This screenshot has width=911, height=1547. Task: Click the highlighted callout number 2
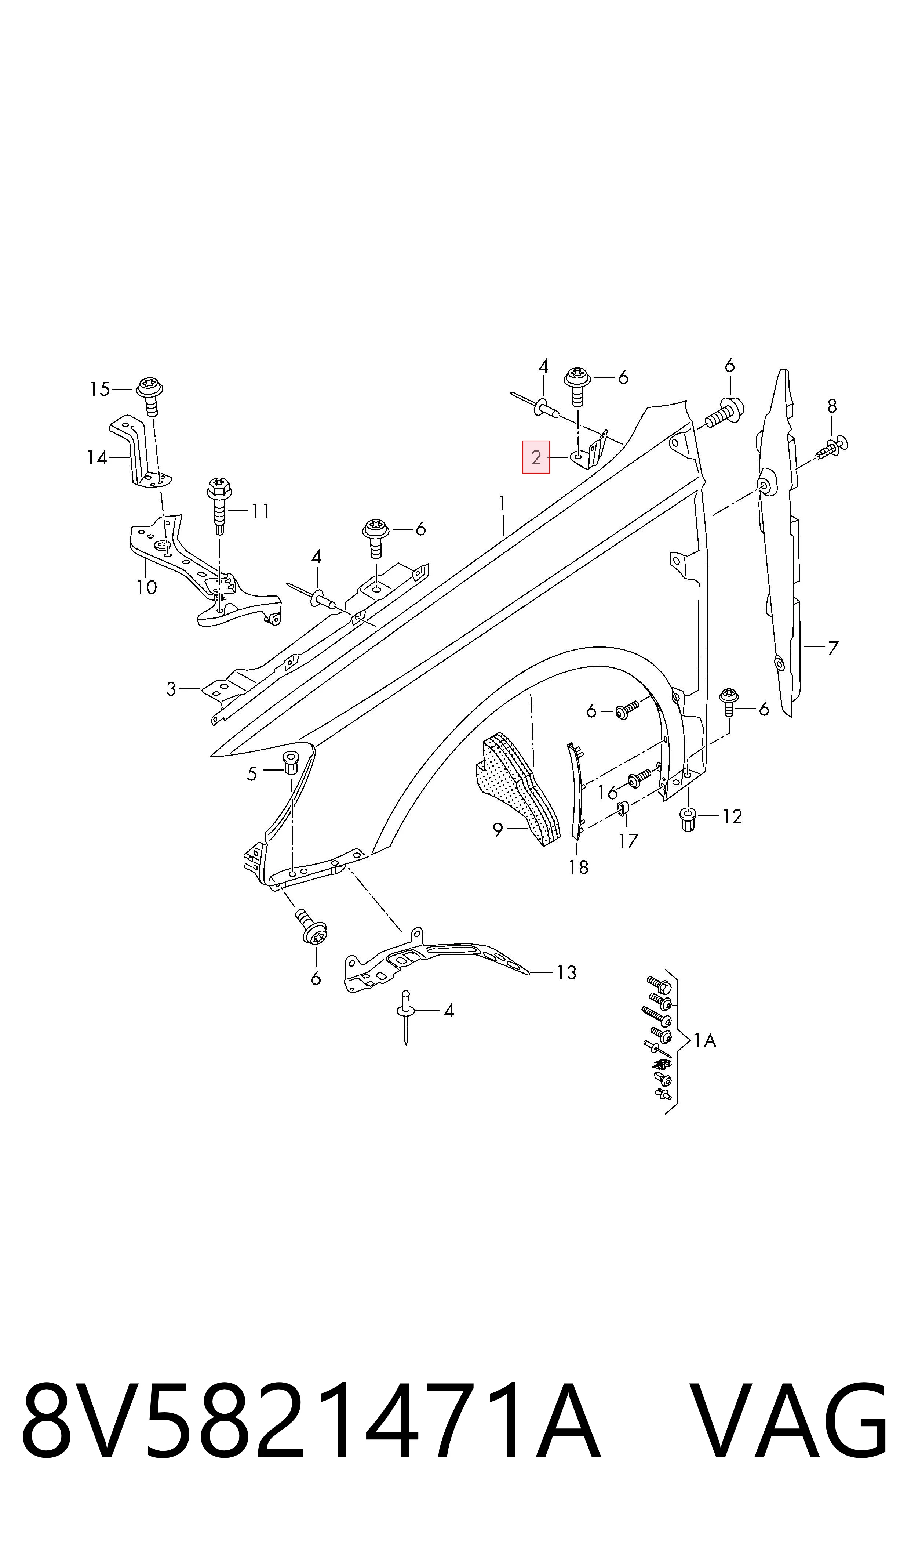tap(536, 457)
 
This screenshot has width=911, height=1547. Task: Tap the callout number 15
tap(99, 390)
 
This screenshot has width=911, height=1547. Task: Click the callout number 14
tap(97, 457)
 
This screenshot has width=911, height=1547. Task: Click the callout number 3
tap(171, 689)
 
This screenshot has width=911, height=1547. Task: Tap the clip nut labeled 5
tap(291, 762)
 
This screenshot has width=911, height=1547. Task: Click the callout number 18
tap(578, 867)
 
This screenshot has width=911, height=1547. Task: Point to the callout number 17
tap(628, 841)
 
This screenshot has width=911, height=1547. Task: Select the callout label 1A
tap(705, 1040)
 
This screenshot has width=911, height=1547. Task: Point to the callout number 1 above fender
tap(502, 504)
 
